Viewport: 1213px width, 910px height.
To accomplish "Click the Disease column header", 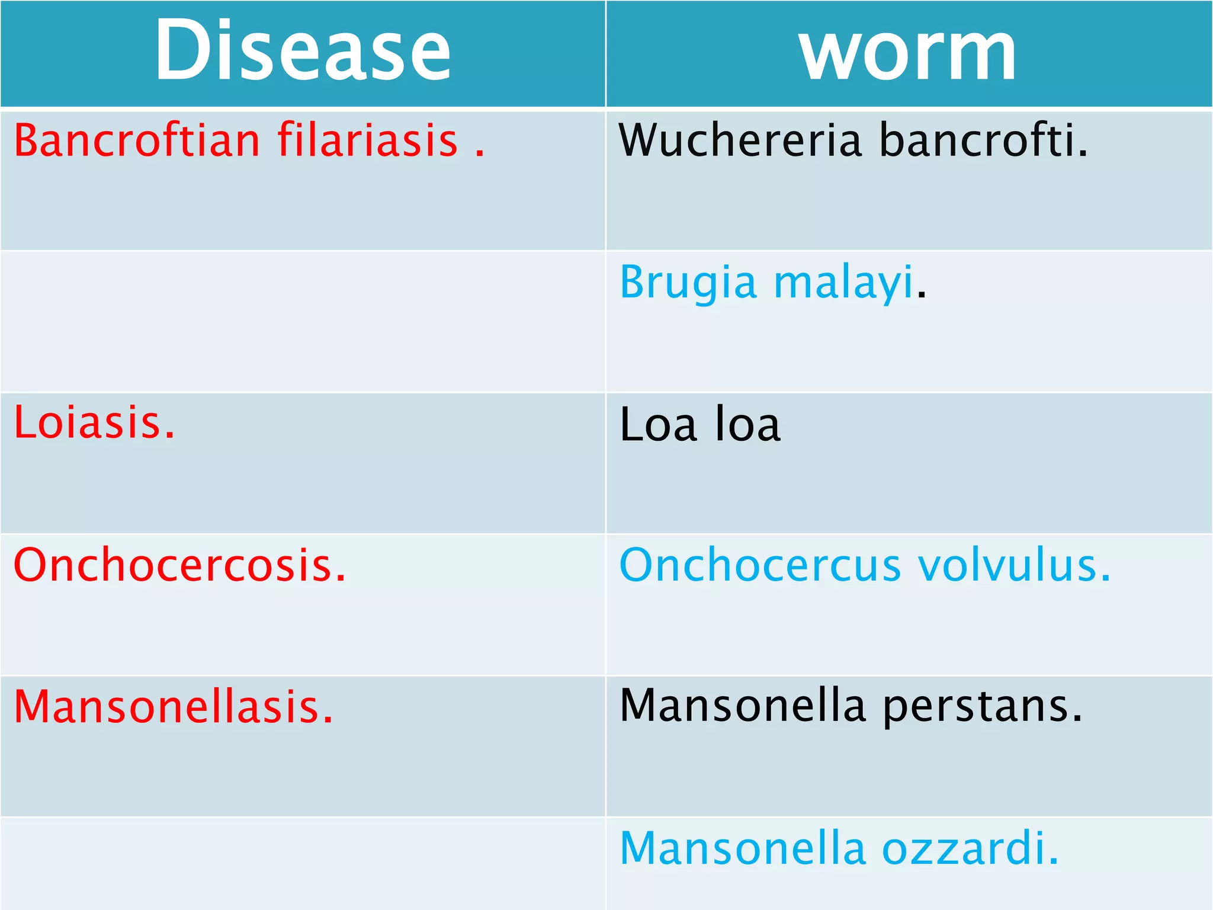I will [303, 50].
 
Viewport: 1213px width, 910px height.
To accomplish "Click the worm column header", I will [907, 52].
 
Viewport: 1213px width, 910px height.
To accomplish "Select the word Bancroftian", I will [137, 140].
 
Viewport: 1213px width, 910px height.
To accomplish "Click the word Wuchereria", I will [739, 140].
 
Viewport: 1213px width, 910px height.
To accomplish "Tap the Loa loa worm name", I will [700, 424].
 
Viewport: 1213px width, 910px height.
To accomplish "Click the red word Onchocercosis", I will [179, 565].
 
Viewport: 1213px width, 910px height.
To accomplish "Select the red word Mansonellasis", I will [174, 707].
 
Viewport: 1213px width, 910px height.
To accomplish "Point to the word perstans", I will [981, 707].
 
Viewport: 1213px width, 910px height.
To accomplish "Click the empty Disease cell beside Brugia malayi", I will [303, 322].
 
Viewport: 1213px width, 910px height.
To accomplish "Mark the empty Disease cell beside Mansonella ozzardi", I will [303, 863].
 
